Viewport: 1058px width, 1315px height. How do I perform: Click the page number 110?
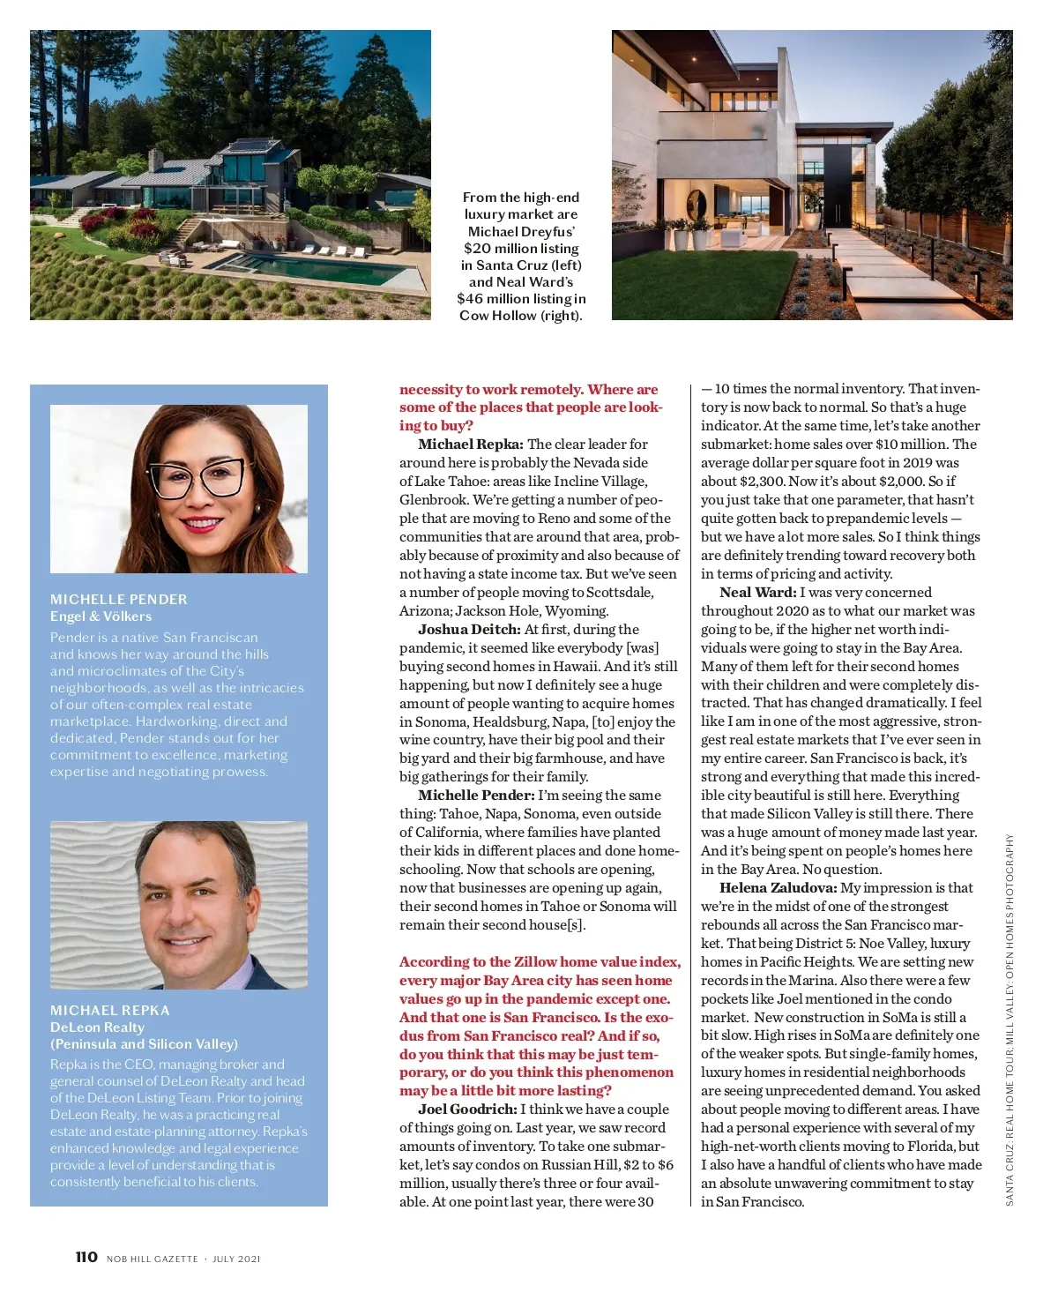click(86, 1257)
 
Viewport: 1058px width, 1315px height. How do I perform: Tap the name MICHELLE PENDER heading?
click(118, 599)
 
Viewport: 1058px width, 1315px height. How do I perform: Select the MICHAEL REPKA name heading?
click(109, 1010)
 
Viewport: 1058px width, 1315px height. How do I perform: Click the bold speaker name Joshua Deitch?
click(469, 630)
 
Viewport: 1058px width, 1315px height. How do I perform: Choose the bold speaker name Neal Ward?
click(757, 593)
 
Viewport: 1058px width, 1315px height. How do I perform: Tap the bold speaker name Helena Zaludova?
click(778, 888)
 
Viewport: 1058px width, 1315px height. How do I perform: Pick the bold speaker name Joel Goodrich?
click(467, 1110)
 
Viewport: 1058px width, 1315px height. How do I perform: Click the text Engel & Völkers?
click(101, 616)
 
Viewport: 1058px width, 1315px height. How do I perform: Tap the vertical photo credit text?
click(1010, 1019)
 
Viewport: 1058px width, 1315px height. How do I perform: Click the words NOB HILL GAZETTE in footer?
click(152, 1259)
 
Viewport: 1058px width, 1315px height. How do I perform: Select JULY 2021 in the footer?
click(236, 1259)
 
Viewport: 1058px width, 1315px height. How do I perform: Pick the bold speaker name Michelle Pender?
click(476, 796)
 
